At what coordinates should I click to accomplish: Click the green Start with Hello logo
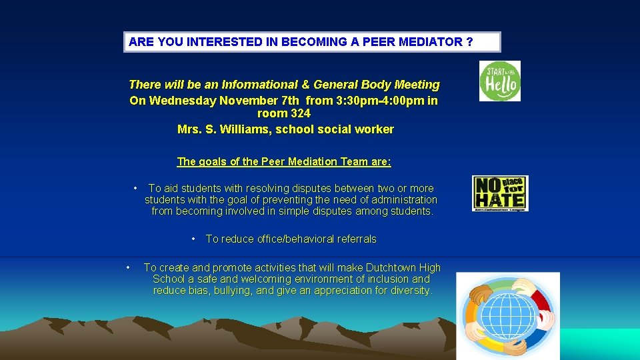click(499, 81)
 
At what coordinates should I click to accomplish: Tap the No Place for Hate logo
click(500, 193)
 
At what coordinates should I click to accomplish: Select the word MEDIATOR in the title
click(427, 42)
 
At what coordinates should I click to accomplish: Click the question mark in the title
click(470, 42)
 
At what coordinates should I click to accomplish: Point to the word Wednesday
click(176, 101)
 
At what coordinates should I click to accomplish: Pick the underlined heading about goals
click(284, 161)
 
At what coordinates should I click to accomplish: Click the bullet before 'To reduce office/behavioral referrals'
click(193, 239)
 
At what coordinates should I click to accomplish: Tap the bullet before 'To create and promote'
click(128, 268)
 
